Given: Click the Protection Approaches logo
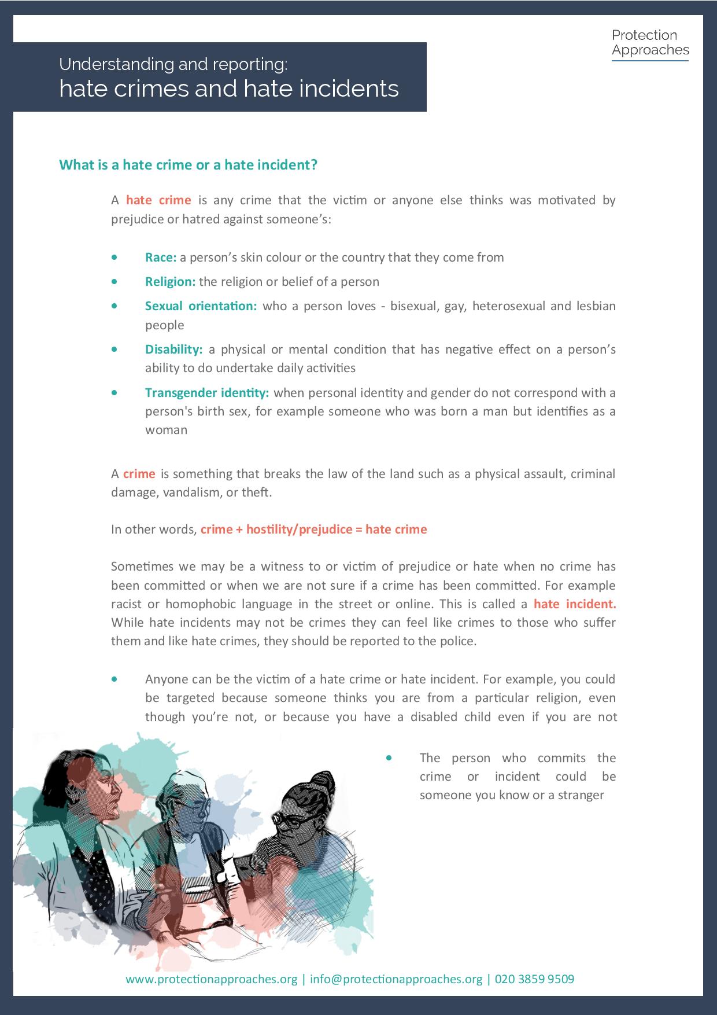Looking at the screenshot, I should tap(650, 44).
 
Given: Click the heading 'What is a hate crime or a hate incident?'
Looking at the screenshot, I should tap(189, 165).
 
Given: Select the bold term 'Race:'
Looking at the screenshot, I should tap(161, 258).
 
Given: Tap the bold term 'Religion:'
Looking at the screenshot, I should tap(171, 282).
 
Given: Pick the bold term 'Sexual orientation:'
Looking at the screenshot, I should tap(201, 306).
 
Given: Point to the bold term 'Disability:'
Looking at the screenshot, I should tap(173, 350).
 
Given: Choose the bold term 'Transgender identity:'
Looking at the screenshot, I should tap(207, 393).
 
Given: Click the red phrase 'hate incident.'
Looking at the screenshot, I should tap(575, 604).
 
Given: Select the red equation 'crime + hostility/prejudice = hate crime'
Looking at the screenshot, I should tap(313, 529).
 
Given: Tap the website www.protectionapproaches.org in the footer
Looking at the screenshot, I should tap(211, 979).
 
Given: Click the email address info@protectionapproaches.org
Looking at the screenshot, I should tap(396, 979).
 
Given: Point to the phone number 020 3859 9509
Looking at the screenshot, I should tap(534, 979).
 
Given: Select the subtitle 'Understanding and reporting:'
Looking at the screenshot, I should tap(173, 64).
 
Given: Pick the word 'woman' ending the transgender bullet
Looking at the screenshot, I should tap(166, 430).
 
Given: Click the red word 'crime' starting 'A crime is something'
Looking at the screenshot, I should tap(139, 474).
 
